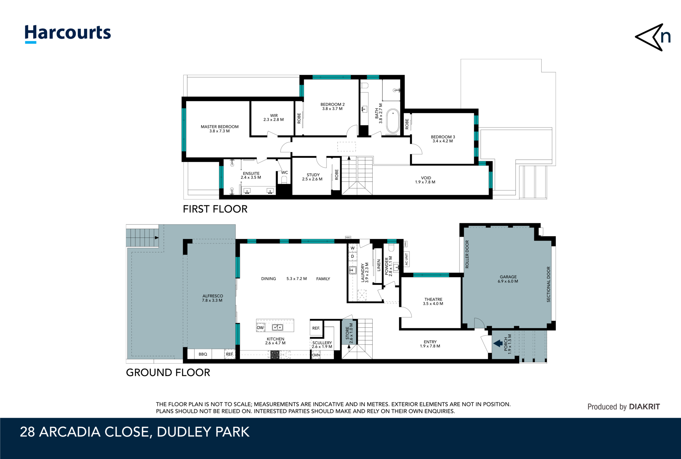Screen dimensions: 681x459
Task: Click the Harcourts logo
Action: point(68,34)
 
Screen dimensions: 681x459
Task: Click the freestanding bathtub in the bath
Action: point(393,121)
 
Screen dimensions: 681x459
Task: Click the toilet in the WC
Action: point(284,180)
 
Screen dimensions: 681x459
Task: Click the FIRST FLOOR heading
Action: point(215,209)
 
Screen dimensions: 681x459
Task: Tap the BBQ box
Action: point(203,354)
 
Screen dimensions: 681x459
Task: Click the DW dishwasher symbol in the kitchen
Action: point(260,328)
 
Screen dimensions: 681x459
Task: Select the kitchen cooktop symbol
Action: point(275,355)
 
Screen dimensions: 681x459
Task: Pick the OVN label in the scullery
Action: point(316,355)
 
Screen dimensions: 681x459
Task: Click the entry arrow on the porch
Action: point(498,343)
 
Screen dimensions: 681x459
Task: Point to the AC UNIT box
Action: point(406,259)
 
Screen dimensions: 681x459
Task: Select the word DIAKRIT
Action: point(644,406)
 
